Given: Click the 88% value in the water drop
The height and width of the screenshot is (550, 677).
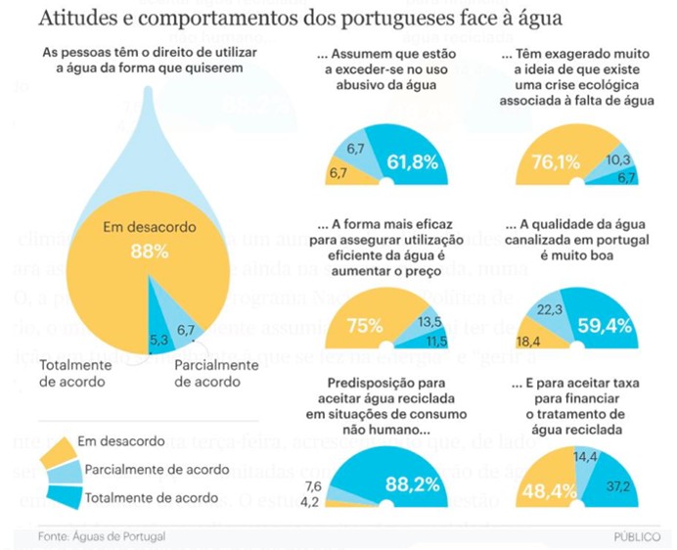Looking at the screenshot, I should (x=150, y=252).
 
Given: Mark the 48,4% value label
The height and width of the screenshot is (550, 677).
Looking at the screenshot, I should (x=552, y=490).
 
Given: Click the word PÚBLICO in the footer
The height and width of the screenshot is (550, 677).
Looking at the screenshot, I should (x=637, y=537).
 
